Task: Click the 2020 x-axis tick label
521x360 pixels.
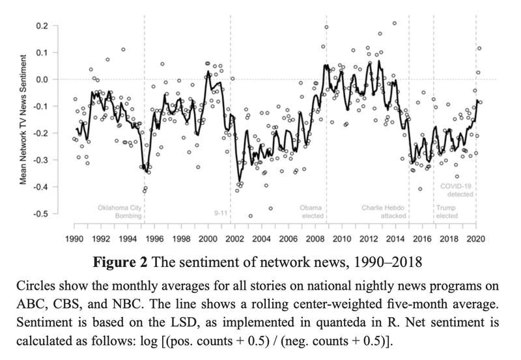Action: point(476,239)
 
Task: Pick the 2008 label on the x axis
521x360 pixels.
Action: point(315,239)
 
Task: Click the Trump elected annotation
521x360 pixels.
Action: point(447,212)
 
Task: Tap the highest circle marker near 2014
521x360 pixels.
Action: point(395,23)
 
